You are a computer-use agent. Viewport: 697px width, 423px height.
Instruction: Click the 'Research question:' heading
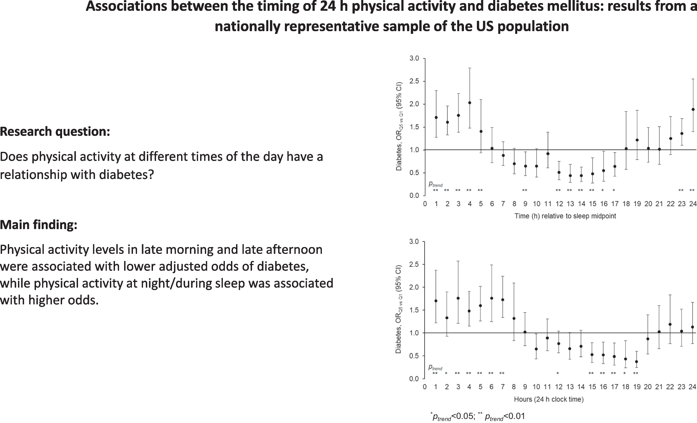tap(55, 132)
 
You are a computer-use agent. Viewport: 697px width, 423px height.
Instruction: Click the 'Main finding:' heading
tap(39, 225)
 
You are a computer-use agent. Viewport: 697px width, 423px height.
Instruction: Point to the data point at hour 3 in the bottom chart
tap(458, 298)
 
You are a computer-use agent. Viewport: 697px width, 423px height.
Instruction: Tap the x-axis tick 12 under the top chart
tap(559, 204)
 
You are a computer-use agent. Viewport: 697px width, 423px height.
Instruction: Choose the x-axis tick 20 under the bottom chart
tap(648, 387)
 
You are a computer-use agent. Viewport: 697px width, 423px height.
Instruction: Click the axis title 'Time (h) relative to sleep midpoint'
tap(565, 216)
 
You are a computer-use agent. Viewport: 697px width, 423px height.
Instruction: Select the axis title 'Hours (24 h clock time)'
tap(549, 400)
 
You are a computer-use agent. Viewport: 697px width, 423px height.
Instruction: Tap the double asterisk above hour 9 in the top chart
tap(525, 190)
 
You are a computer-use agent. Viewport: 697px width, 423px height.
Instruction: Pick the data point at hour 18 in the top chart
tap(626, 148)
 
